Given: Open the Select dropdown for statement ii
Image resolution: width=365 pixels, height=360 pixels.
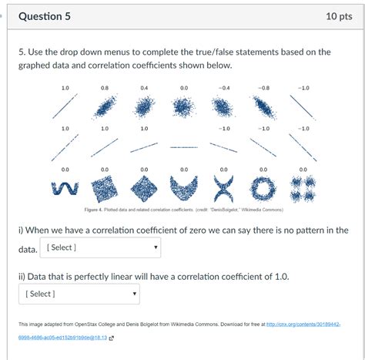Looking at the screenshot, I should click(79, 294).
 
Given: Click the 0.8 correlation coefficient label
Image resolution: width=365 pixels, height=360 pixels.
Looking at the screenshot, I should click(105, 89).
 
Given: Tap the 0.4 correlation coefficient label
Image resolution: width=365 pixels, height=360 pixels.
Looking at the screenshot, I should click(144, 89).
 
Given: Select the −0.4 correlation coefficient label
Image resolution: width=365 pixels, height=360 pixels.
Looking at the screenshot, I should click(223, 89).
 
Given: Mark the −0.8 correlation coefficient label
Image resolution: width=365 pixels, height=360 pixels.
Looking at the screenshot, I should click(263, 89).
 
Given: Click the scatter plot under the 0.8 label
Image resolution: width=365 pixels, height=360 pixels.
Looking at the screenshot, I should click(105, 107).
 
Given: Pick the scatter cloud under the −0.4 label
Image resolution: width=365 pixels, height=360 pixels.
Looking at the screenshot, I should click(223, 107).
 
